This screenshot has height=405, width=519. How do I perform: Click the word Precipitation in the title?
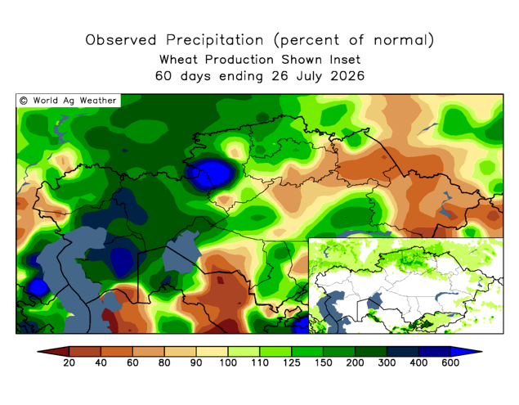click(214, 40)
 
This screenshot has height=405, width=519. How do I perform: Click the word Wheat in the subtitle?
click(178, 60)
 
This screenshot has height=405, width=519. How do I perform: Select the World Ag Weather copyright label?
click(68, 101)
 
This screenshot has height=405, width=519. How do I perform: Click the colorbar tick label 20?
click(69, 362)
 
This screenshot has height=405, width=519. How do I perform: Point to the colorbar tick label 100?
click(228, 362)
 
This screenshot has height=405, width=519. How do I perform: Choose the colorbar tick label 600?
click(450, 362)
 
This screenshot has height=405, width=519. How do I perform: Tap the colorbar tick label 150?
click(324, 362)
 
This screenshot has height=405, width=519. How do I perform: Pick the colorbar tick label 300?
click(387, 362)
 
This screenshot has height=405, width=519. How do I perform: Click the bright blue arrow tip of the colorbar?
click(481, 351)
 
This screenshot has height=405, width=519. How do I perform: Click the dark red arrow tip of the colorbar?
click(38, 351)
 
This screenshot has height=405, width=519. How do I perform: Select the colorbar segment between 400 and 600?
click(435, 351)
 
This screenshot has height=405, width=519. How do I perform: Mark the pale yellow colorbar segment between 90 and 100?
click(212, 351)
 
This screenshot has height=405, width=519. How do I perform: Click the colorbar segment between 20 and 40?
click(85, 351)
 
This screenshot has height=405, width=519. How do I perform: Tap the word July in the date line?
click(309, 77)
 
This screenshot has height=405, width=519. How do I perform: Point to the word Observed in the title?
click(121, 40)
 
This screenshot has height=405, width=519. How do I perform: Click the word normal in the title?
click(400, 40)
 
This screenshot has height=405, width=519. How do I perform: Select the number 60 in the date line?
click(163, 76)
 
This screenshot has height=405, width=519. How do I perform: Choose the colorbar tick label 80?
click(164, 362)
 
